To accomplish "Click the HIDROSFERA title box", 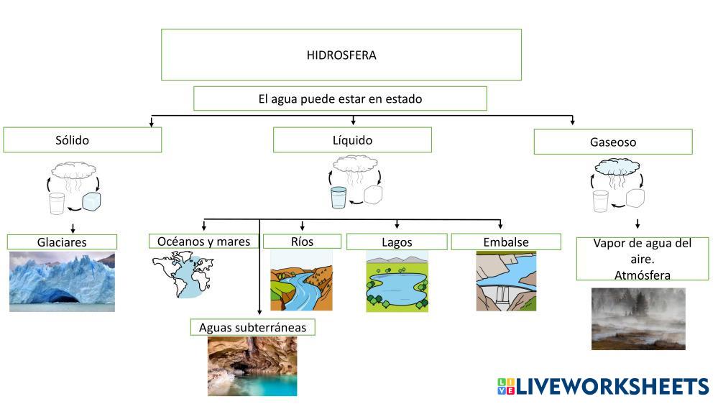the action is [341, 55].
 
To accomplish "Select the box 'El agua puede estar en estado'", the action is [340, 98].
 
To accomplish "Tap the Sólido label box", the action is [82, 140].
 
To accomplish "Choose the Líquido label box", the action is [352, 140].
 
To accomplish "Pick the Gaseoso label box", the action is [612, 142].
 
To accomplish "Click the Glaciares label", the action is [62, 242].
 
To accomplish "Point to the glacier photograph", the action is [62, 282].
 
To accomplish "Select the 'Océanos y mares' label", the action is [203, 242].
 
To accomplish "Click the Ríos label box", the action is [301, 242].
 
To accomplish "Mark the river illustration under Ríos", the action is [301, 280].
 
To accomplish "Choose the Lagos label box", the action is [397, 242].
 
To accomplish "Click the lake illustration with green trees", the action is [397, 281].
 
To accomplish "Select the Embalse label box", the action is [505, 242].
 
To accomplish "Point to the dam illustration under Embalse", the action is [506, 281].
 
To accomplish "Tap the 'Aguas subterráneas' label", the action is [252, 328].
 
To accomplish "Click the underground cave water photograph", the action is [252, 367].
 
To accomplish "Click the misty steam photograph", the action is [638, 318].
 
